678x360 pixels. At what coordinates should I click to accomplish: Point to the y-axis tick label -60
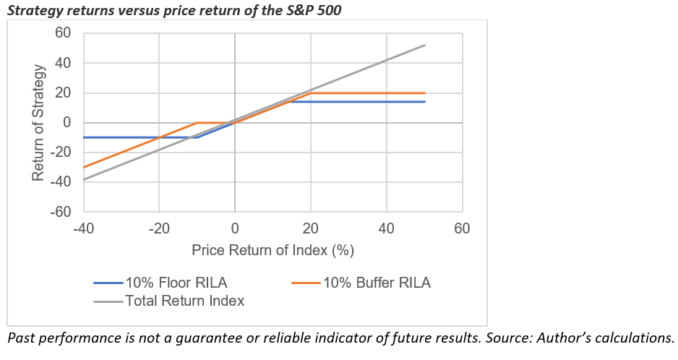click(x=61, y=212)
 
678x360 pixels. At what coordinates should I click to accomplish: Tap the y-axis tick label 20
click(x=64, y=93)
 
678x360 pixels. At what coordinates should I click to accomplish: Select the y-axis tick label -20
click(x=61, y=153)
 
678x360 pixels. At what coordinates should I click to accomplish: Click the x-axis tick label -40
click(x=83, y=229)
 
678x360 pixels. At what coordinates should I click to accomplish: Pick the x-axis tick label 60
click(x=462, y=229)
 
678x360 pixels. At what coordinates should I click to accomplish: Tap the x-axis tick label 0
click(x=234, y=229)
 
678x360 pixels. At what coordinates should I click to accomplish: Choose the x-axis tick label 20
click(x=310, y=229)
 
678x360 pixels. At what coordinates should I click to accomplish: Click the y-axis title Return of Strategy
click(x=40, y=122)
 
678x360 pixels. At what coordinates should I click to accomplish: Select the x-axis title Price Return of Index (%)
click(x=273, y=250)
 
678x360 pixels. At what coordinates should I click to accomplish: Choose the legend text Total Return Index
click(x=184, y=301)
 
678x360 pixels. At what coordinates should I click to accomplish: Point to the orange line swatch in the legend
click(x=306, y=283)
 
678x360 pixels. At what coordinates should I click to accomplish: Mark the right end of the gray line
click(x=424, y=45)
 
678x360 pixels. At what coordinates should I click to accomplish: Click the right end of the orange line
click(x=424, y=93)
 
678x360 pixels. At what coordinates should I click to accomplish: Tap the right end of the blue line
click(x=424, y=102)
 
